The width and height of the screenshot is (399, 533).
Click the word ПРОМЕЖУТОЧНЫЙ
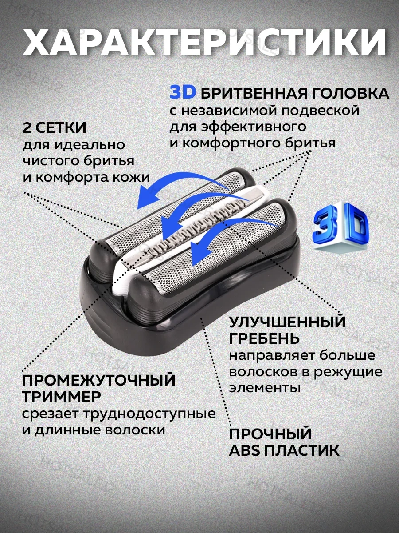pyautogui.click(x=98, y=380)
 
